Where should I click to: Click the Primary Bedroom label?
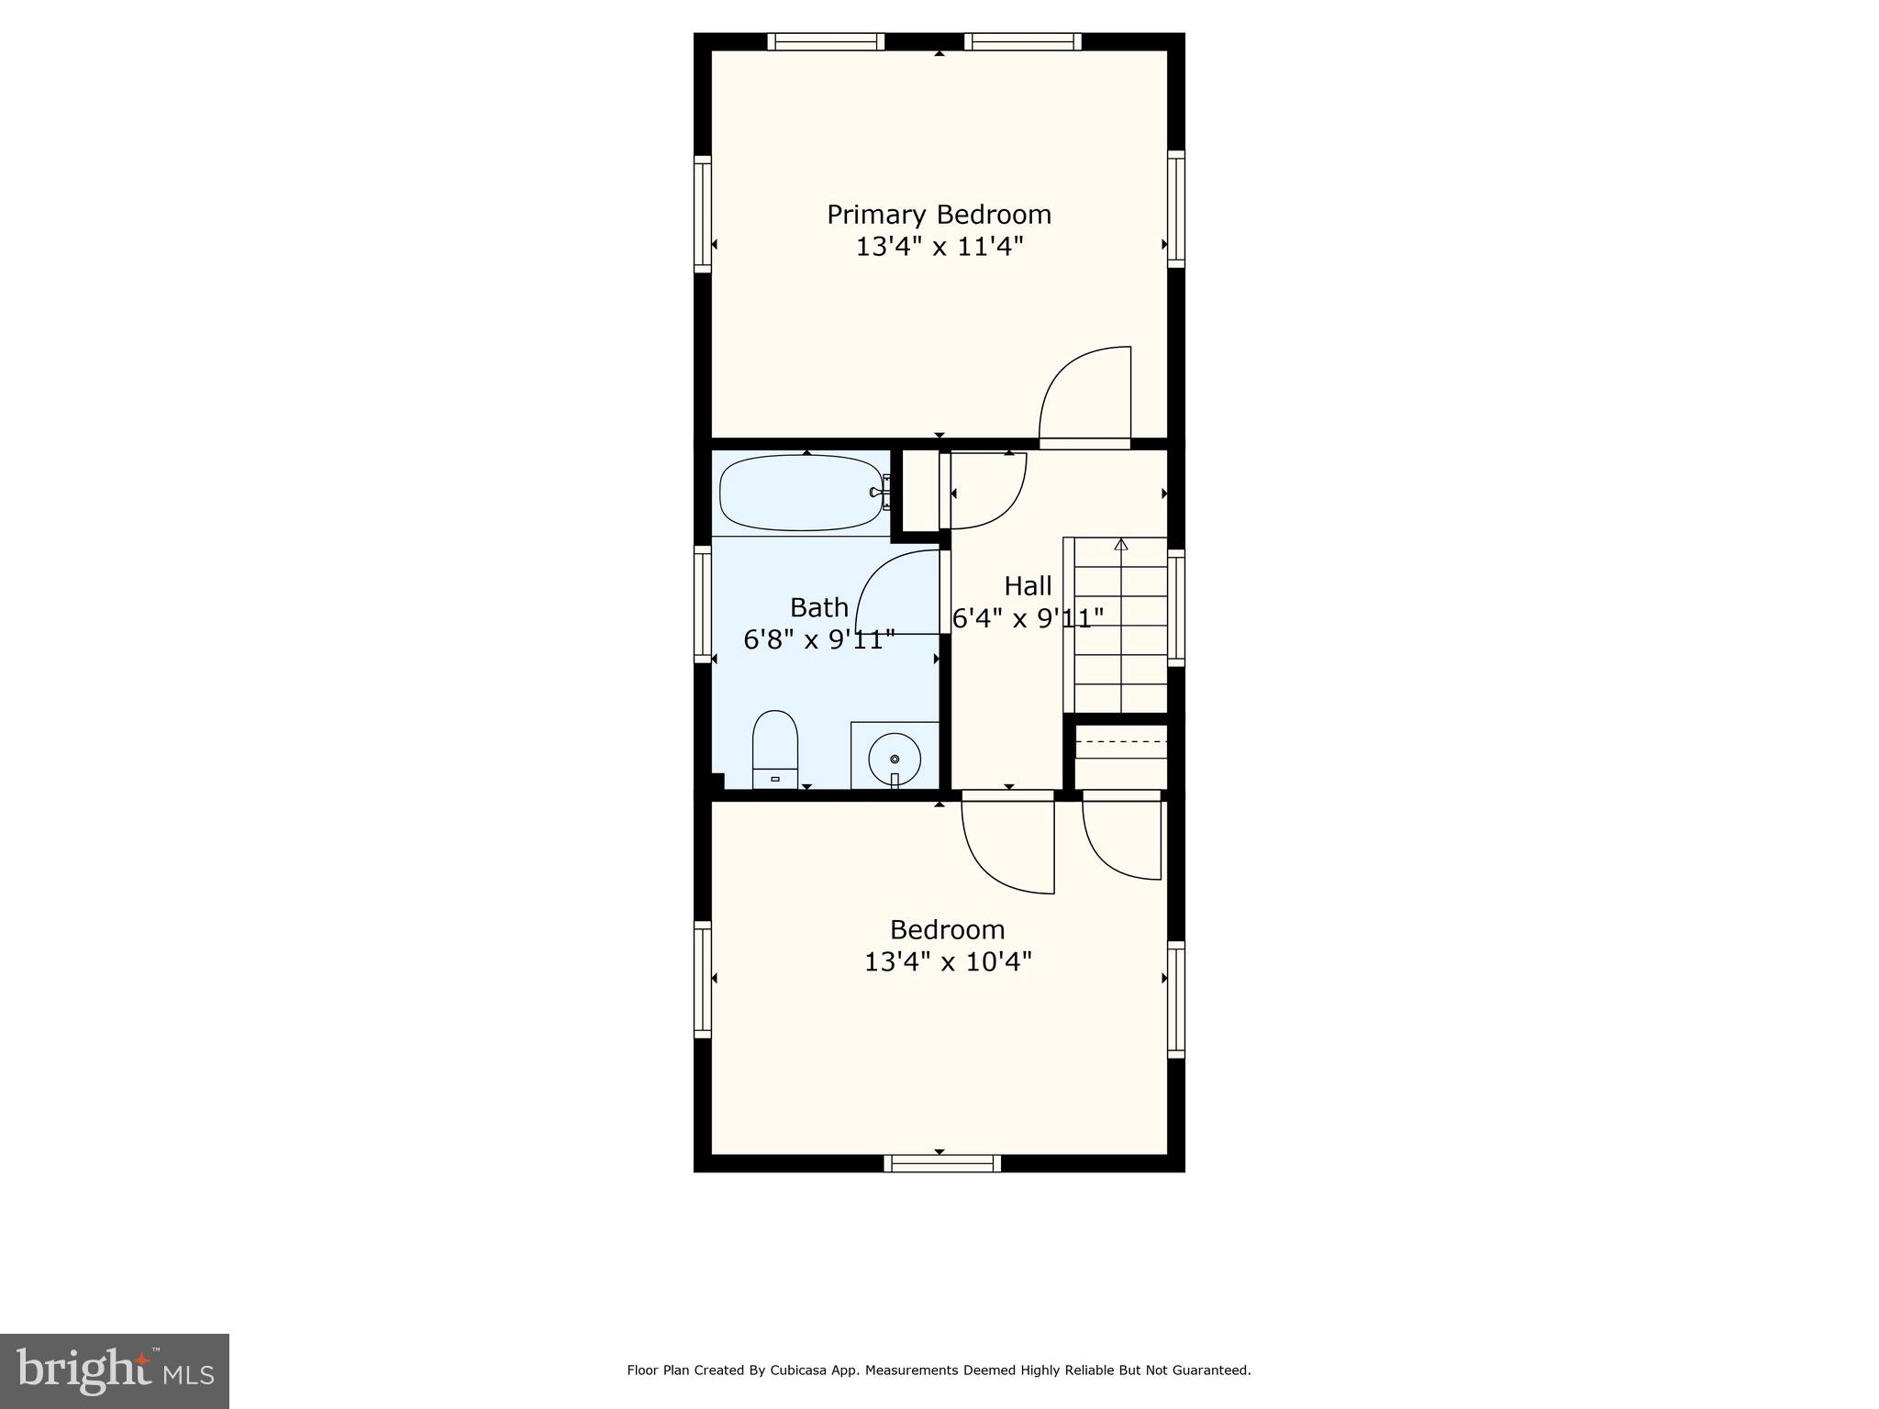click(x=939, y=215)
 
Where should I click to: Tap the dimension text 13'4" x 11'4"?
click(x=939, y=247)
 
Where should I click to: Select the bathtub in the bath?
click(x=803, y=493)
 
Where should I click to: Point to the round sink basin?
click(x=895, y=759)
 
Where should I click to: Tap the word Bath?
click(x=818, y=607)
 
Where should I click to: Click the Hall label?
click(x=1028, y=585)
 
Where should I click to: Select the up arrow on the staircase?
click(x=1120, y=544)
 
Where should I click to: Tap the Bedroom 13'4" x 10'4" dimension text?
click(x=948, y=962)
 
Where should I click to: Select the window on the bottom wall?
click(x=942, y=1163)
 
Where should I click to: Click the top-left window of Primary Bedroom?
click(x=826, y=41)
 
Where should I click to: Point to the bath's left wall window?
click(x=703, y=604)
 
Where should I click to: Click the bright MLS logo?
click(x=115, y=1370)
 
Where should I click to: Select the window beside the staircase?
click(x=1175, y=607)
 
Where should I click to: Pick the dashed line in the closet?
click(x=1120, y=741)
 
